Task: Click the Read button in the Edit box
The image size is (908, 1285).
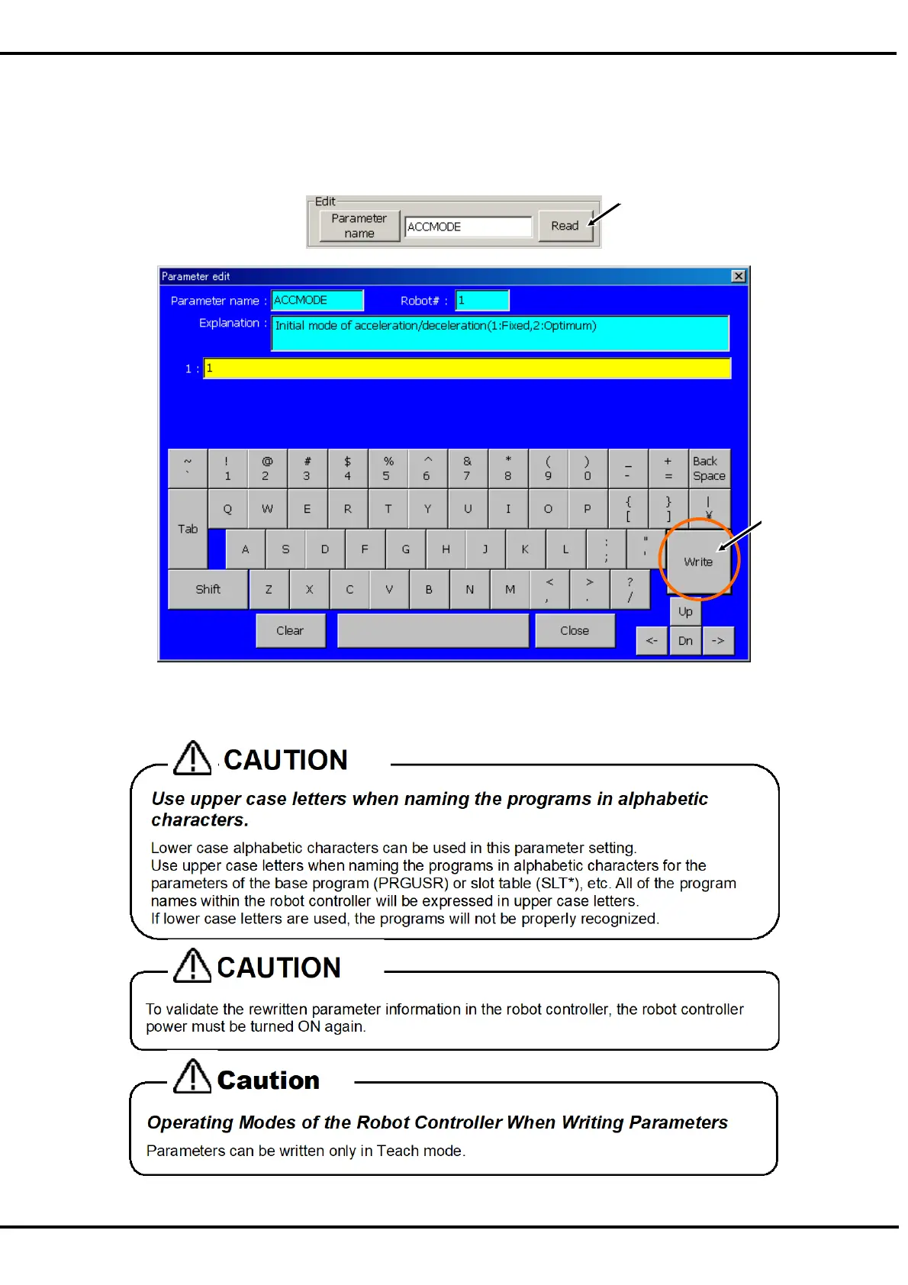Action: coord(565,226)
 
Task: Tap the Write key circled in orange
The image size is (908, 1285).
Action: coord(698,562)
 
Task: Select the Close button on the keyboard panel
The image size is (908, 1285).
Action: coord(575,631)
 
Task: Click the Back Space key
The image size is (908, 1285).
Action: coord(709,469)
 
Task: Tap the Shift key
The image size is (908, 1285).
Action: coord(208,589)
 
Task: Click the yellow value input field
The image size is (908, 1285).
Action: coord(467,369)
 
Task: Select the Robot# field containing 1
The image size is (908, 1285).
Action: coord(481,301)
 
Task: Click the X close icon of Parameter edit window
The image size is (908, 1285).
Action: coord(738,276)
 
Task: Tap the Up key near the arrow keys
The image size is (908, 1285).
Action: coord(685,612)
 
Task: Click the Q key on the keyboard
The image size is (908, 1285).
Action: coord(227,509)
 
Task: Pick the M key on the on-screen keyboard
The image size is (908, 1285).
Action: coord(510,589)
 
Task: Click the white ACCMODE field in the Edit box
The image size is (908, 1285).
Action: coord(468,227)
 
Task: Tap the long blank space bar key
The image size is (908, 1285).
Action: coord(433,631)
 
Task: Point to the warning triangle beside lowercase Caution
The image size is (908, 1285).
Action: coord(192,1076)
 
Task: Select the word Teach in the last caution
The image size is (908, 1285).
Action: coord(396,1151)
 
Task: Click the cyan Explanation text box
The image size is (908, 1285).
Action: coord(500,333)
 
